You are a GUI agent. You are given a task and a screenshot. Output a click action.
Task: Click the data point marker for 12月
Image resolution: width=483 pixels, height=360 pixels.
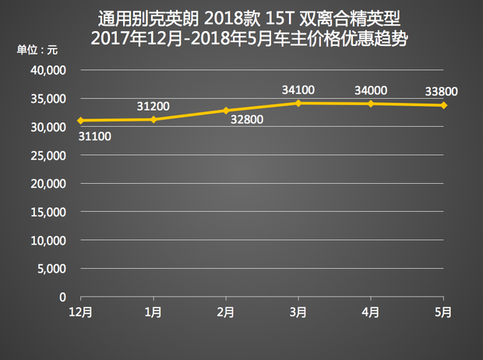pyautogui.click(x=81, y=120)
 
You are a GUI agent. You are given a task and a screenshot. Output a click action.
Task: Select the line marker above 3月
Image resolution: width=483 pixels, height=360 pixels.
pyautogui.click(x=298, y=103)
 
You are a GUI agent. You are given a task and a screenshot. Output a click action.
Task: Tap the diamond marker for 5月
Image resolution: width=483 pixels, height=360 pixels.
pyautogui.click(x=443, y=104)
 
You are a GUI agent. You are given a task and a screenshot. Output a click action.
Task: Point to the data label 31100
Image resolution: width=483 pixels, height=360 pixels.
pyautogui.click(x=94, y=136)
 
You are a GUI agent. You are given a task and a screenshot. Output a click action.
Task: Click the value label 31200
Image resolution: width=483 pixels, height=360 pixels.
pyautogui.click(x=153, y=105)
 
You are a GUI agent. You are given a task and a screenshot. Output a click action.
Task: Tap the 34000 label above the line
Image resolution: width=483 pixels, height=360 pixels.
pyautogui.click(x=371, y=90)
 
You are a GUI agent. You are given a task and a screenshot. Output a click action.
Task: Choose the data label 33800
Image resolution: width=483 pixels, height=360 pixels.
pyautogui.click(x=441, y=91)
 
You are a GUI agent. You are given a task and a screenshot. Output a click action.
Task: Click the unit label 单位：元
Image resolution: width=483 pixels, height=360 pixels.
pyautogui.click(x=38, y=51)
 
